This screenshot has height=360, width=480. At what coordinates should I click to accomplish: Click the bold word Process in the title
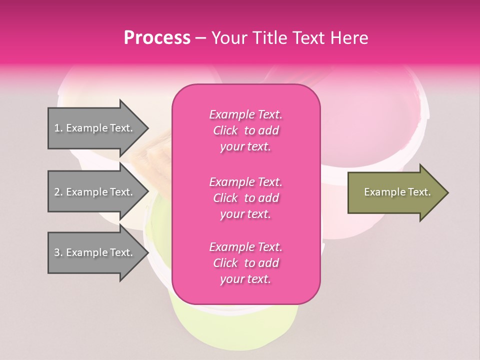pos(157,37)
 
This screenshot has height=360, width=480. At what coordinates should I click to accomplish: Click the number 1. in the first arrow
pos(58,128)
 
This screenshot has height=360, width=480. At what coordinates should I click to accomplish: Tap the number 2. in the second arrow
pos(58,192)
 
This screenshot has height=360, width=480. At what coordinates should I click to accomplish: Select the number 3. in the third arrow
pos(58,252)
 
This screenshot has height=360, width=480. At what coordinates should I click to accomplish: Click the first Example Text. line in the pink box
pos(245,114)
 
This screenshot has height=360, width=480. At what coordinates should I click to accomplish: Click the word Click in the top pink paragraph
pos(225,130)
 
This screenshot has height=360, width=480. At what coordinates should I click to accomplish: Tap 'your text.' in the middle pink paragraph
pos(245,214)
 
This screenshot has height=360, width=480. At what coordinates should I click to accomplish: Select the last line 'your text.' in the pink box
pos(245,279)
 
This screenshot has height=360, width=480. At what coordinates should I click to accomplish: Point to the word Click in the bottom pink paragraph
pos(225,263)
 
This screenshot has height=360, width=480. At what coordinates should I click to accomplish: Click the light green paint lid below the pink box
pos(235,325)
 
